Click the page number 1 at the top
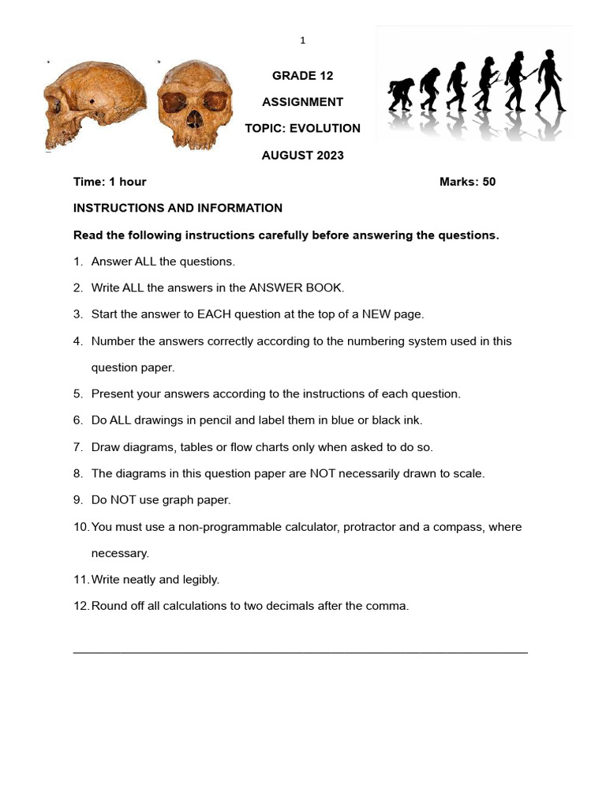pos(302,40)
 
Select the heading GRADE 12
pos(303,76)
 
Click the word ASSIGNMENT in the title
pos(303,102)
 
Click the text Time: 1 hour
pos(110,182)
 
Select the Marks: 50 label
pos(467,182)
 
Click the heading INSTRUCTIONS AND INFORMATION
pos(178,209)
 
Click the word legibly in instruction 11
pos(200,580)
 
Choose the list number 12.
pos(80,606)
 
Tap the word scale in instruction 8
pos(467,474)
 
